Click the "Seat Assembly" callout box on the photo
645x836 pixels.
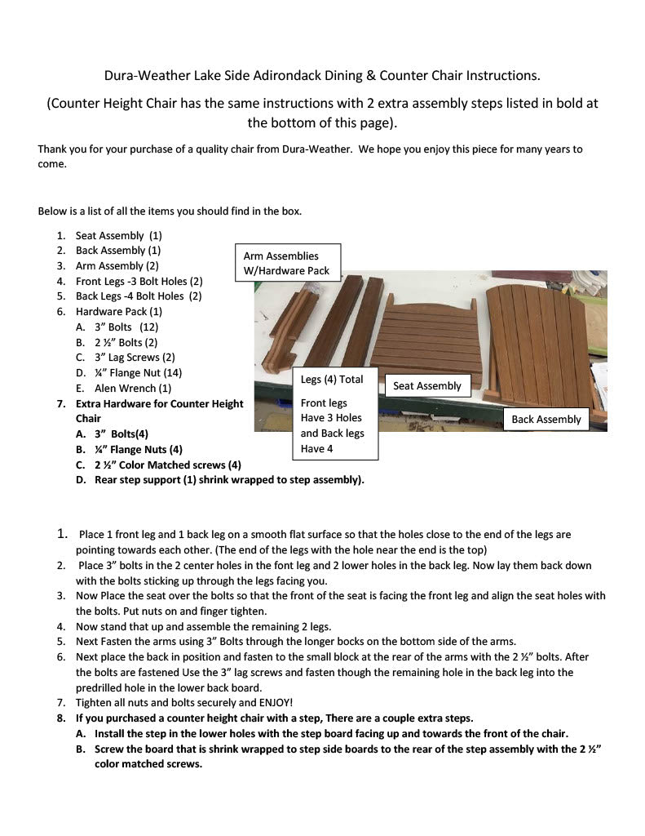click(x=427, y=385)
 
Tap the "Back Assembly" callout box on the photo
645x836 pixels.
click(x=546, y=419)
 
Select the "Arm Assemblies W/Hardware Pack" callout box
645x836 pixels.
click(x=287, y=263)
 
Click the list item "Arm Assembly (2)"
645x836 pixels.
click(x=117, y=265)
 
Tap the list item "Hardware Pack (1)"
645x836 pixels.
click(x=119, y=311)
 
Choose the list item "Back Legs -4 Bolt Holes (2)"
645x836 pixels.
click(x=139, y=296)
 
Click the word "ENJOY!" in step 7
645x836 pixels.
click(x=276, y=702)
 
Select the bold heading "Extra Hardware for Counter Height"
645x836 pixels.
click(x=159, y=403)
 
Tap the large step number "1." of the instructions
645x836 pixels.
click(x=62, y=534)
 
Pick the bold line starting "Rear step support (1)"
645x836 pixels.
click(x=229, y=479)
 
